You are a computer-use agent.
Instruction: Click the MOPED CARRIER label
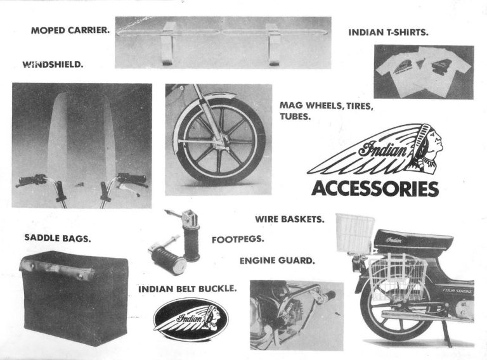click(x=69, y=30)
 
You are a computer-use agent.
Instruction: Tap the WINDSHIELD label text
click(x=53, y=64)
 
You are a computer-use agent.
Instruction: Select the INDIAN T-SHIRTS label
click(x=387, y=31)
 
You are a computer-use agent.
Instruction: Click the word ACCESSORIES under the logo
click(x=374, y=189)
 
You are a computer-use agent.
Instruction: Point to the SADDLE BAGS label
click(x=58, y=238)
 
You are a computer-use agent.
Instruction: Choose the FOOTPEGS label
click(x=238, y=240)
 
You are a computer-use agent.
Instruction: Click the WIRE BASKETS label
click(x=290, y=219)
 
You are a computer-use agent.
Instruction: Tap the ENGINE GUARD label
click(x=277, y=260)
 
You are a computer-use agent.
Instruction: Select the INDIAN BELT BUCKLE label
click(x=188, y=289)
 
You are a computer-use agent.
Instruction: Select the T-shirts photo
click(x=423, y=72)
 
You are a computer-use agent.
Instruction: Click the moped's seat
click(x=412, y=240)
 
